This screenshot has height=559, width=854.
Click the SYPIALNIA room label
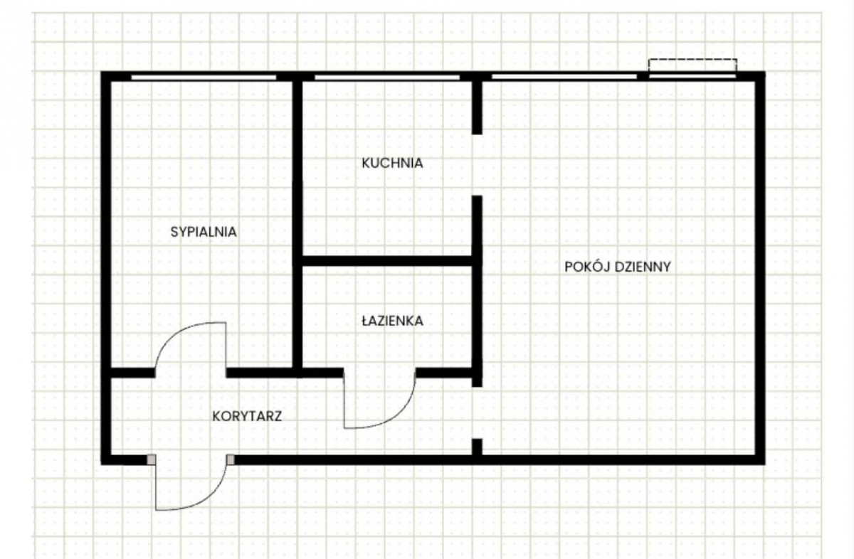click(204, 232)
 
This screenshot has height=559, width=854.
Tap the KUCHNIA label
click(392, 163)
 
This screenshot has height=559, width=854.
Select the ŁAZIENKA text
click(392, 321)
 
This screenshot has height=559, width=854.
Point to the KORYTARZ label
click(247, 416)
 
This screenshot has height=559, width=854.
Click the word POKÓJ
click(586, 267)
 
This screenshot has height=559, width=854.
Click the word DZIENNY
click(643, 267)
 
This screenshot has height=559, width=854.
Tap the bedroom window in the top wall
click(204, 78)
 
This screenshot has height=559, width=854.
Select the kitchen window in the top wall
click(387, 78)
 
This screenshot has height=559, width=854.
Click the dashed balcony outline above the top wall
click(692, 60)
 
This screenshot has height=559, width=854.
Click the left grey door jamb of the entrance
click(152, 459)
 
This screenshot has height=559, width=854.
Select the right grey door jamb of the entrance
click(231, 459)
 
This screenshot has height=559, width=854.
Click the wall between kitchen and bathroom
click(387, 261)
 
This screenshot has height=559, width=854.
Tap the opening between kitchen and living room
click(477, 165)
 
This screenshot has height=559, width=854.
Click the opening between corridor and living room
click(477, 412)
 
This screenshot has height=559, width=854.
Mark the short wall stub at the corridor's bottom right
click(477, 447)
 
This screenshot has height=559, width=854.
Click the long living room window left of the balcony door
click(564, 78)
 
